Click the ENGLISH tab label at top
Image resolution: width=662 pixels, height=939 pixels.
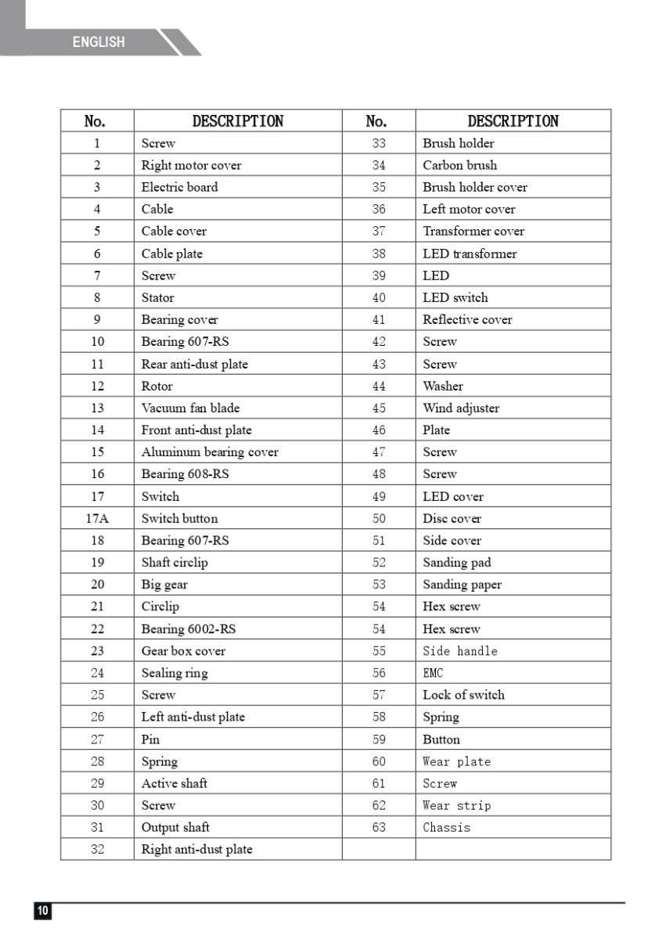click(99, 42)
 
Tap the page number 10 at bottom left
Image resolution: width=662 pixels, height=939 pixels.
click(42, 911)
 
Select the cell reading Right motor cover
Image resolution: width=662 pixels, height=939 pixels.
click(191, 165)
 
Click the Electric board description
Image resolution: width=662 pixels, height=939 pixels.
click(179, 187)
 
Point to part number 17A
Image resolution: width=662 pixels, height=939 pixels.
click(97, 518)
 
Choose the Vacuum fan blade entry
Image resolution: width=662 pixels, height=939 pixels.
click(190, 408)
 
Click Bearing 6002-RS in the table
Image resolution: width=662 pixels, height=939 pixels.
click(188, 628)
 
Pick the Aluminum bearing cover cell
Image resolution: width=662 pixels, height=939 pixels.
click(209, 452)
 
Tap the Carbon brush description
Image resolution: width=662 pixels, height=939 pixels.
click(459, 165)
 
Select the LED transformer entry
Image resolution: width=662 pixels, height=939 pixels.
click(470, 254)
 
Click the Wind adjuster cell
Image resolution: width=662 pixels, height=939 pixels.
click(461, 408)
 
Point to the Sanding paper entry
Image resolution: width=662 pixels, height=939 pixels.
click(462, 585)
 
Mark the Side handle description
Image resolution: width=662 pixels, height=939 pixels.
click(459, 651)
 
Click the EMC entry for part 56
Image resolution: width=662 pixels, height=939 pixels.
click(433, 673)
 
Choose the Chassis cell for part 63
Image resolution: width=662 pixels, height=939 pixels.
click(446, 827)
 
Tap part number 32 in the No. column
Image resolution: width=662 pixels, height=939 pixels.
click(97, 849)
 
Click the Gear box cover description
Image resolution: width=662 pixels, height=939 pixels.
click(183, 651)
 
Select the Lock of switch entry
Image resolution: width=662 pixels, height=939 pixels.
click(463, 695)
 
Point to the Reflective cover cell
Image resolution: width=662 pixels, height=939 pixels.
click(467, 319)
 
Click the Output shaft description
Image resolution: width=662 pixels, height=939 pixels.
click(175, 827)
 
